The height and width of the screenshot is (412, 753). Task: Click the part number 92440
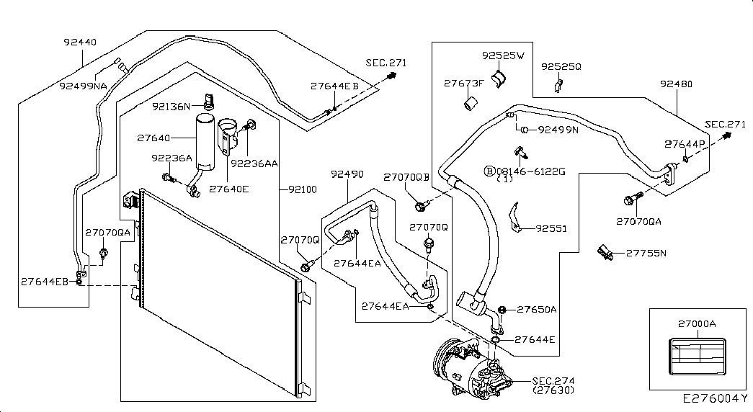pos(80,42)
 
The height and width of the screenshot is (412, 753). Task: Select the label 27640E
pos(229,189)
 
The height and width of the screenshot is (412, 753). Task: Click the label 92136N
pos(171,107)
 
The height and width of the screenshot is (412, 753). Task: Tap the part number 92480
pos(676,84)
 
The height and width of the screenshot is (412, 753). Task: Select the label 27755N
pos(646,253)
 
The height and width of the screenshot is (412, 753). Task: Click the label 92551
pos(551,229)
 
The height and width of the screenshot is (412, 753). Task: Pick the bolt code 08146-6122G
pos(529,171)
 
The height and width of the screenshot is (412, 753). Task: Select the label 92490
pos(347,174)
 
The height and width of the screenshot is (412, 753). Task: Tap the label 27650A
pos(537,310)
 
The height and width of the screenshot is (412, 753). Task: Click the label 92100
pos(302,189)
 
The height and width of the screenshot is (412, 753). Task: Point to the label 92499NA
pos(83,85)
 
